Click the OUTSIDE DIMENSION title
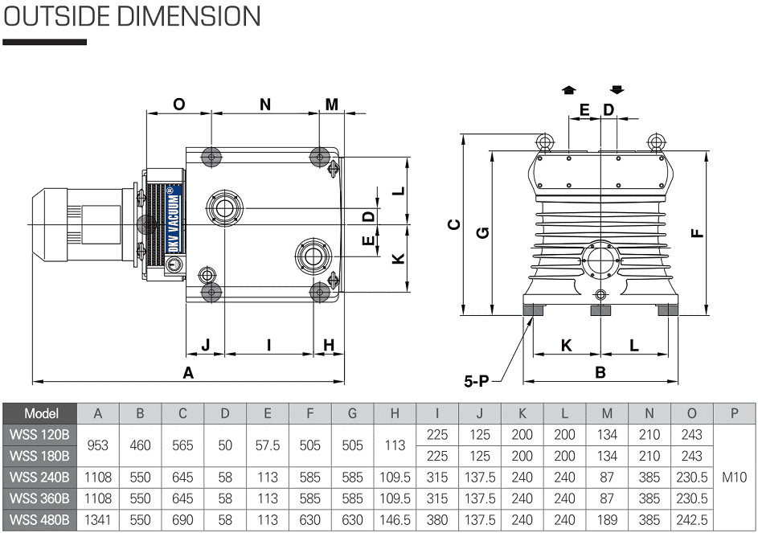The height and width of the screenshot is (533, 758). pos(132,16)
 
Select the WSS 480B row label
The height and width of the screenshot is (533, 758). pos(40,519)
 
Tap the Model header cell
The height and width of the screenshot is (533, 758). pos(40,413)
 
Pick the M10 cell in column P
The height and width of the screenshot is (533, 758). pos(735,478)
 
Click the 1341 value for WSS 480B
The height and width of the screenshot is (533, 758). pos(98,519)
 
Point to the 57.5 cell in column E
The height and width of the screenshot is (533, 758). pos(268,445)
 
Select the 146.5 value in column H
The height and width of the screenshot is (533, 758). pos(395,519)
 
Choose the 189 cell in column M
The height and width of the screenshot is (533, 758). pos(607,519)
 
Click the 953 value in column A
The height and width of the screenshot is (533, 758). pos(98,445)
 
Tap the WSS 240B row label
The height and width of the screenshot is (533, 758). pos(40,478)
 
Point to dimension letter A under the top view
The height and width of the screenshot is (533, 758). pos(189,372)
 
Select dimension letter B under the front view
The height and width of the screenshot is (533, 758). pos(600,372)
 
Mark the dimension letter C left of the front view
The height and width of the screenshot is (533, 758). pos(454,224)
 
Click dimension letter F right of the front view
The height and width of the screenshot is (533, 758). pos(697,232)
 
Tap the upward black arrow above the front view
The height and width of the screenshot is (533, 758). pos(568,90)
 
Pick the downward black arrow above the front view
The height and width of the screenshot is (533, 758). pos(617,90)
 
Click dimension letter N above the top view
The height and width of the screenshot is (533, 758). pos(265,105)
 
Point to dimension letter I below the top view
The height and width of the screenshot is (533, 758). pos(268,345)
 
